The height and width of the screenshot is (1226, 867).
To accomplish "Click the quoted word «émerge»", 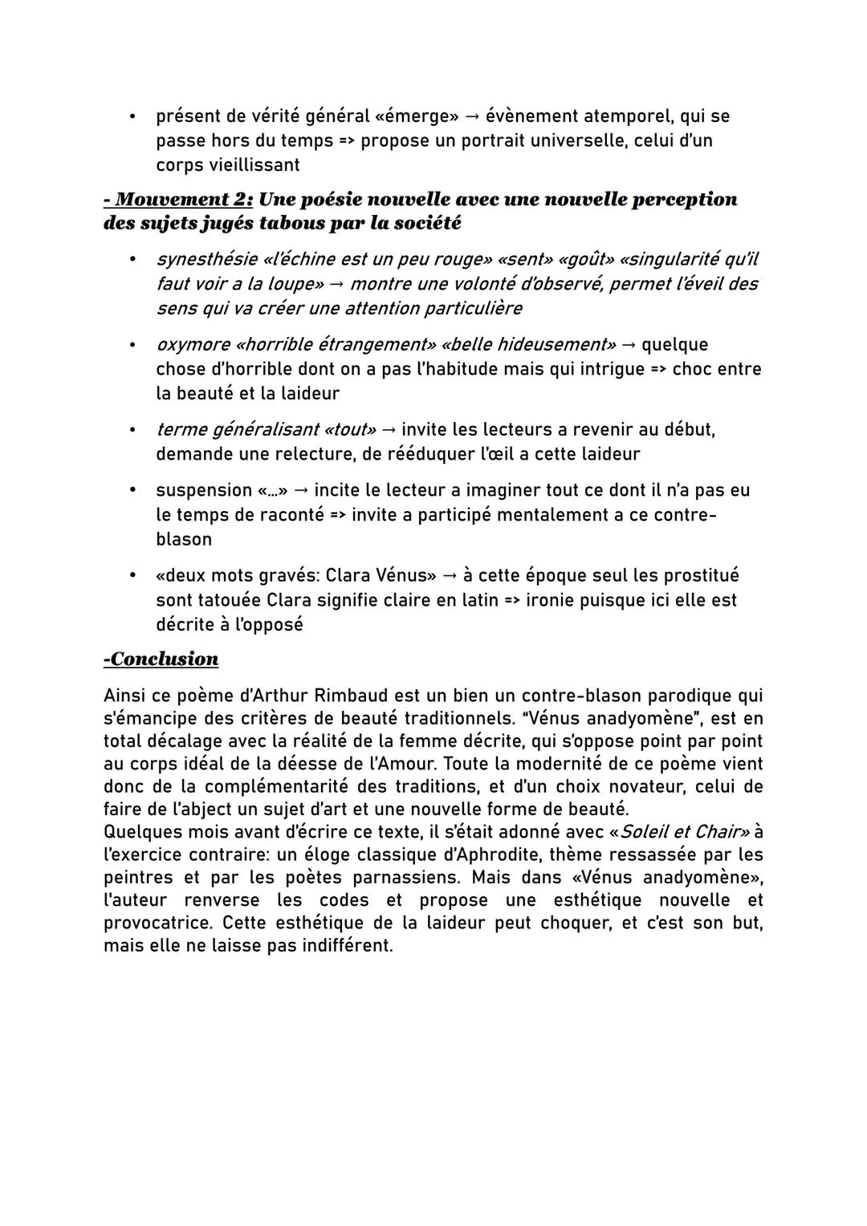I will (417, 116).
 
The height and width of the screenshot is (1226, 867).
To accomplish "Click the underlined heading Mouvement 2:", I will (178, 199).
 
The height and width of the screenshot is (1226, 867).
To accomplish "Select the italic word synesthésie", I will (206, 260).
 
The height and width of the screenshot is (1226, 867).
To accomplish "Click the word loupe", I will (293, 284).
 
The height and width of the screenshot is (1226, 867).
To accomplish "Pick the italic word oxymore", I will (192, 345).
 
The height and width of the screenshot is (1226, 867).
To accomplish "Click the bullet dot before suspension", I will (133, 490).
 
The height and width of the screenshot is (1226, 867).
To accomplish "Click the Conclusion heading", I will (161, 660).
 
